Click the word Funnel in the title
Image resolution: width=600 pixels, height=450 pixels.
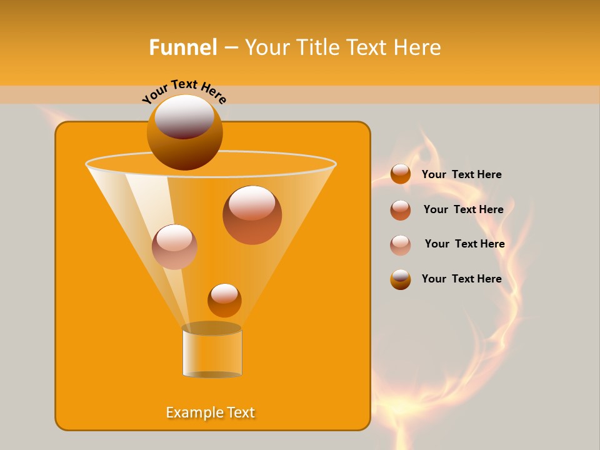point(182,47)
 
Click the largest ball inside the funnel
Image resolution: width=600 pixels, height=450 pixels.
point(252,214)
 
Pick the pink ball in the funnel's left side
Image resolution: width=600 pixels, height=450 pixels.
point(174,247)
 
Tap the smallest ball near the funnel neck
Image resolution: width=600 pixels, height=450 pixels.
point(224,300)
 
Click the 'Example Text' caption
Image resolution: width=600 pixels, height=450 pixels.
point(211,412)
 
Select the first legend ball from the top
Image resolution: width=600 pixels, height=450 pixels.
point(401,174)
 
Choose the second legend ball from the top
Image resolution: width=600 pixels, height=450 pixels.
point(401,209)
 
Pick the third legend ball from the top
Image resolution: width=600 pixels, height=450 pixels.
point(401,244)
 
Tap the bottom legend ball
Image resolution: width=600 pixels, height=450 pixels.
point(401,279)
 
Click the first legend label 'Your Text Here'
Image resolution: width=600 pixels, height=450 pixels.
point(461,174)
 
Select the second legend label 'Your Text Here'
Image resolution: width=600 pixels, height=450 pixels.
point(463,209)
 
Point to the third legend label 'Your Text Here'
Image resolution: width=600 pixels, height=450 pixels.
point(464,244)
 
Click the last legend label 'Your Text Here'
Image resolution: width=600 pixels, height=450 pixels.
point(461,279)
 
